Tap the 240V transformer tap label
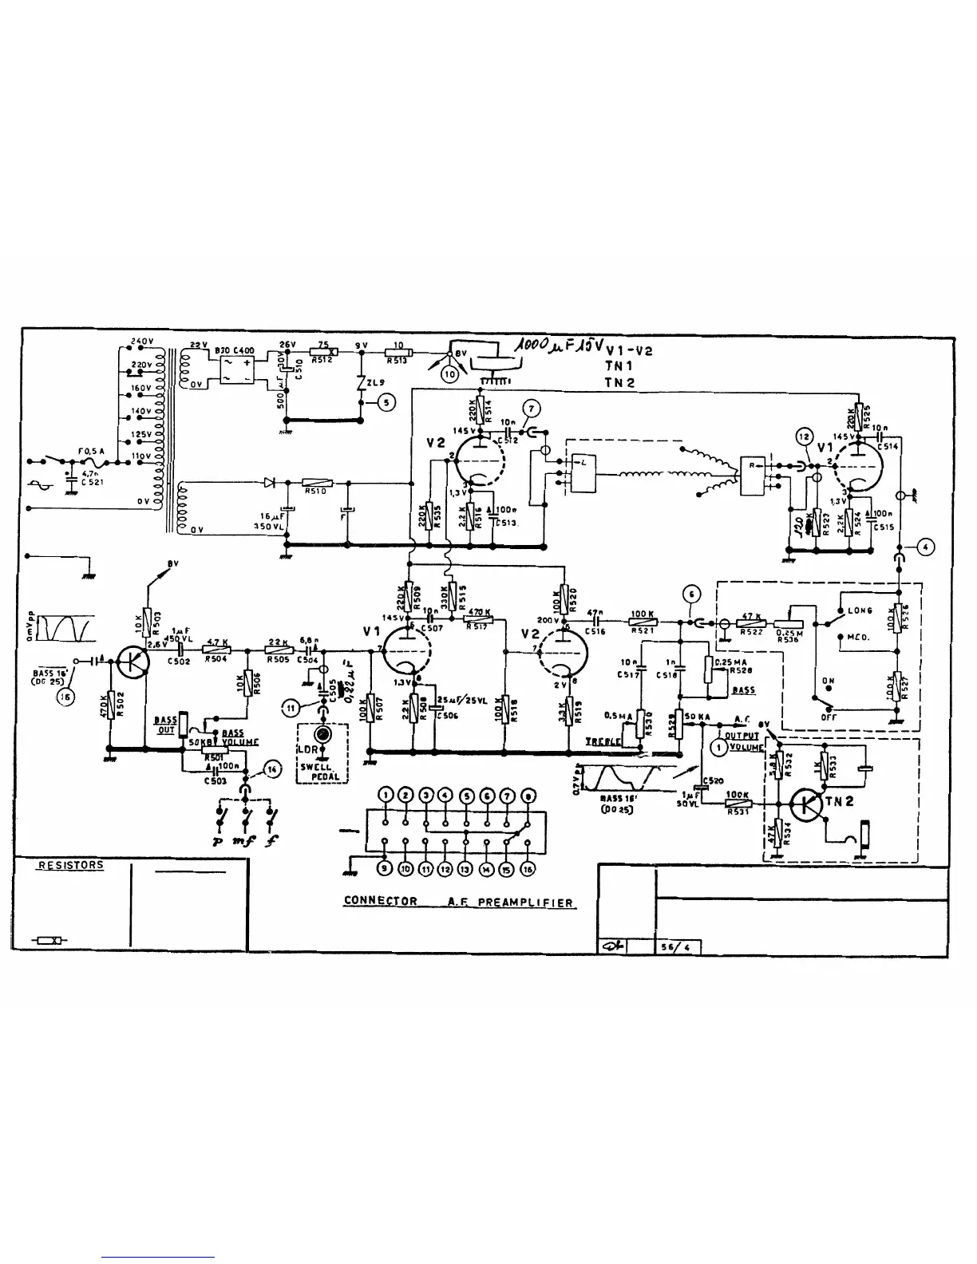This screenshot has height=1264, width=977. coord(140,342)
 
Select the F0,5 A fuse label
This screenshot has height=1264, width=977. coord(92,451)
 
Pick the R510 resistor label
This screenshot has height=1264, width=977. coord(315,492)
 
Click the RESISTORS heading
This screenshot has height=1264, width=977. coord(70,865)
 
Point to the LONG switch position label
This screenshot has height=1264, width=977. coord(860,610)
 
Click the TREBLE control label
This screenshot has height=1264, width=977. coord(603,741)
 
